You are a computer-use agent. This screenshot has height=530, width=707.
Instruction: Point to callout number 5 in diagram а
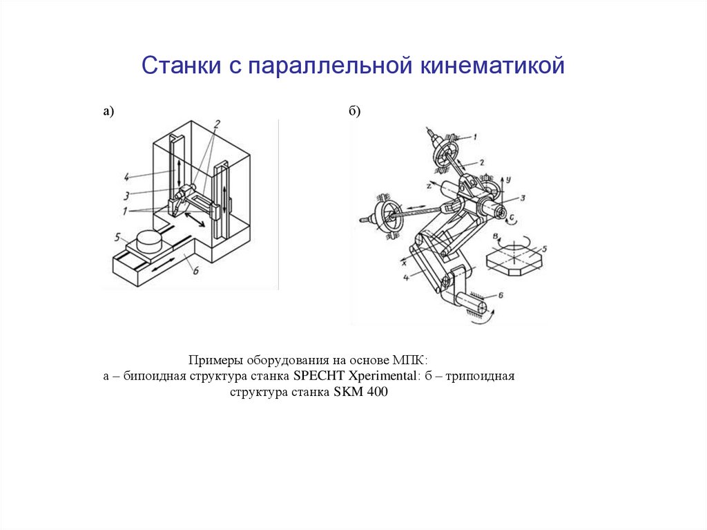click(x=118, y=236)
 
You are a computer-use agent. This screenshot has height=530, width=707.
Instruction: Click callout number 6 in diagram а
click(x=195, y=271)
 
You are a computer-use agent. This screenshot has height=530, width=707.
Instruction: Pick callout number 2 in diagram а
click(x=216, y=124)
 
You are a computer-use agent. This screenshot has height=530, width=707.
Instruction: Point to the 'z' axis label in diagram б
click(x=429, y=186)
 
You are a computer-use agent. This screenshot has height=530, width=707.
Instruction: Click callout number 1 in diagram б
click(x=474, y=138)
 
